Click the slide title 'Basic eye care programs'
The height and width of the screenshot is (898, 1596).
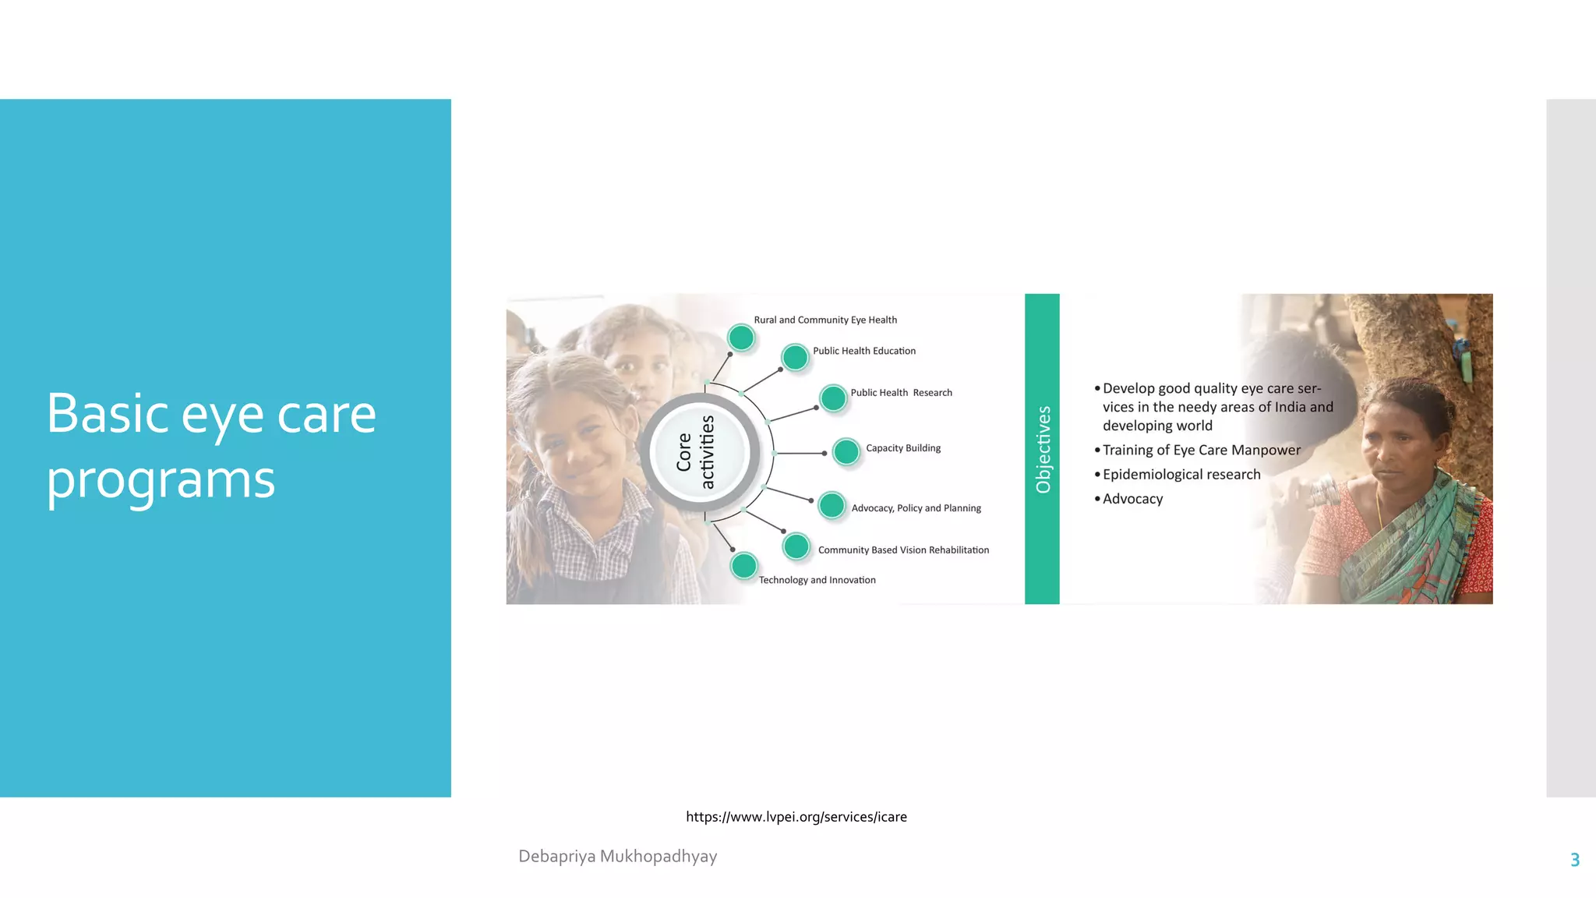(211, 446)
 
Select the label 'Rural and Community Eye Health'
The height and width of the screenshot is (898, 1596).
(825, 320)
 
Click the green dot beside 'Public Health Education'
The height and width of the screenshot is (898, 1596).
(795, 357)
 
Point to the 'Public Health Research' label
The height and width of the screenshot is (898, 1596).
(901, 393)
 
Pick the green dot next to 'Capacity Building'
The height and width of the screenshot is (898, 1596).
(846, 451)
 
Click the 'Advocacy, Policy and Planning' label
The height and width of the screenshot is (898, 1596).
(916, 508)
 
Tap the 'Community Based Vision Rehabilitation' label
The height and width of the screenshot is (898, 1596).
(903, 550)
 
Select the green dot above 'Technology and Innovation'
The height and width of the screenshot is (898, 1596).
(744, 565)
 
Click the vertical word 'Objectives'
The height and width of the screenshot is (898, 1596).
(1043, 450)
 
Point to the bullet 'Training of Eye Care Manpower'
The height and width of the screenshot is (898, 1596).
(1201, 450)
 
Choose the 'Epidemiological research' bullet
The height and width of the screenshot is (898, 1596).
(1181, 475)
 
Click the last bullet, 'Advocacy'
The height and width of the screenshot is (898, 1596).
(1132, 499)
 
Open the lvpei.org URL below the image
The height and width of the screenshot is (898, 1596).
(796, 817)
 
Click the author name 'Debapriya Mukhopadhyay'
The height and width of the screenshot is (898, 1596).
(617, 856)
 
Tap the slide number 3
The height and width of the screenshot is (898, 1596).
(1574, 860)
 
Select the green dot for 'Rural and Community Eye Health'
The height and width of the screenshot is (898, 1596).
(741, 338)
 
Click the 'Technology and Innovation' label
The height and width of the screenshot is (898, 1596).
(817, 580)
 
